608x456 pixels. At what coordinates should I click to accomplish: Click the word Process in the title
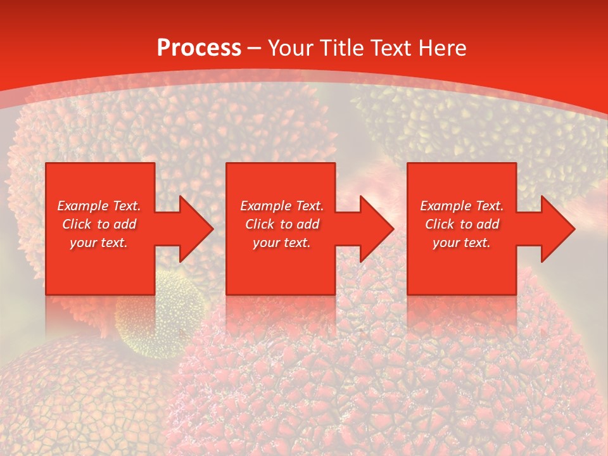(199, 48)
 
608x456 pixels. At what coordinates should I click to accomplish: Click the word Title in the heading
(341, 48)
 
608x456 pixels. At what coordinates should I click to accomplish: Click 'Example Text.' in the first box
(99, 206)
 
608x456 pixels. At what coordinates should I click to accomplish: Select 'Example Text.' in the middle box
(282, 206)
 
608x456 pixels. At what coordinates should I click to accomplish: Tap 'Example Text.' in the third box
(462, 206)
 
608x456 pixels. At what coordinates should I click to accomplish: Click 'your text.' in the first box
(99, 243)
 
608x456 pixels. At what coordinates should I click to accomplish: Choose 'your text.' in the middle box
(282, 243)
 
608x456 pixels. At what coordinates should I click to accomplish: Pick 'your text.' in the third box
(462, 243)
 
